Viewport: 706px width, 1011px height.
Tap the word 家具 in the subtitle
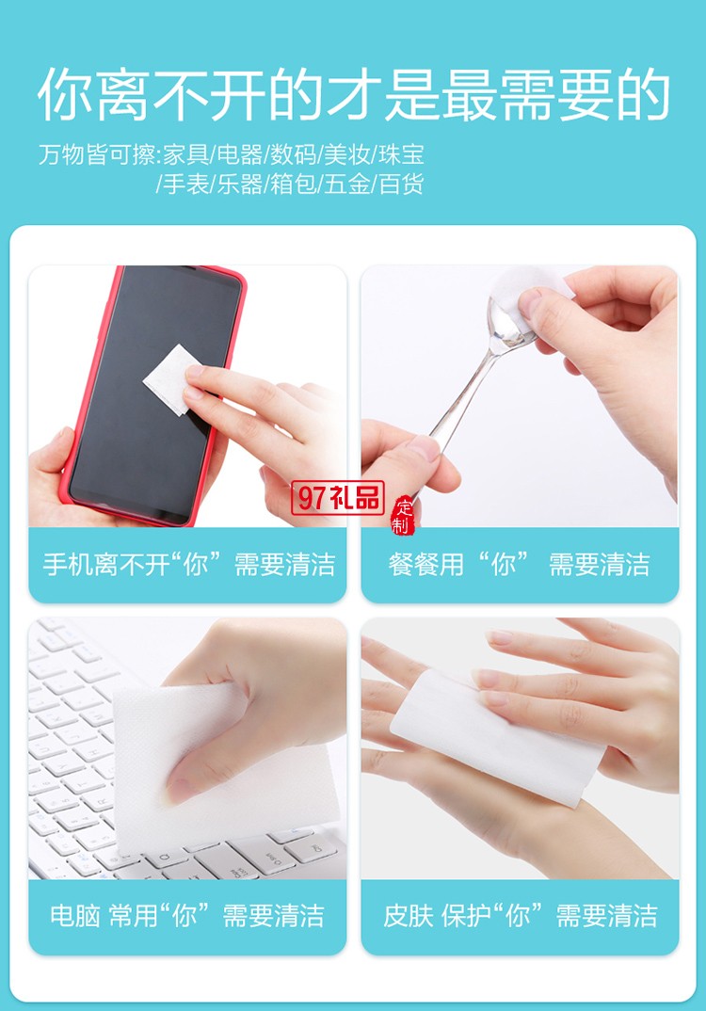186,153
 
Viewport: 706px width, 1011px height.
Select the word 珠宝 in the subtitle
404,153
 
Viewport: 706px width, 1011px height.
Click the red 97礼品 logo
337,497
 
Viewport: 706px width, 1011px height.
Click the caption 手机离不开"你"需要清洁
188,565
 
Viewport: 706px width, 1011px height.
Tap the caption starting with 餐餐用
519,565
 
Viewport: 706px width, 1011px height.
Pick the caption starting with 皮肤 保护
520,916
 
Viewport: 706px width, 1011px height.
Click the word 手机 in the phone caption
66,565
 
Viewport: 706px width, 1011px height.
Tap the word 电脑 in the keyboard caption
74,916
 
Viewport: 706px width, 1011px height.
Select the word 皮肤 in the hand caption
408,916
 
